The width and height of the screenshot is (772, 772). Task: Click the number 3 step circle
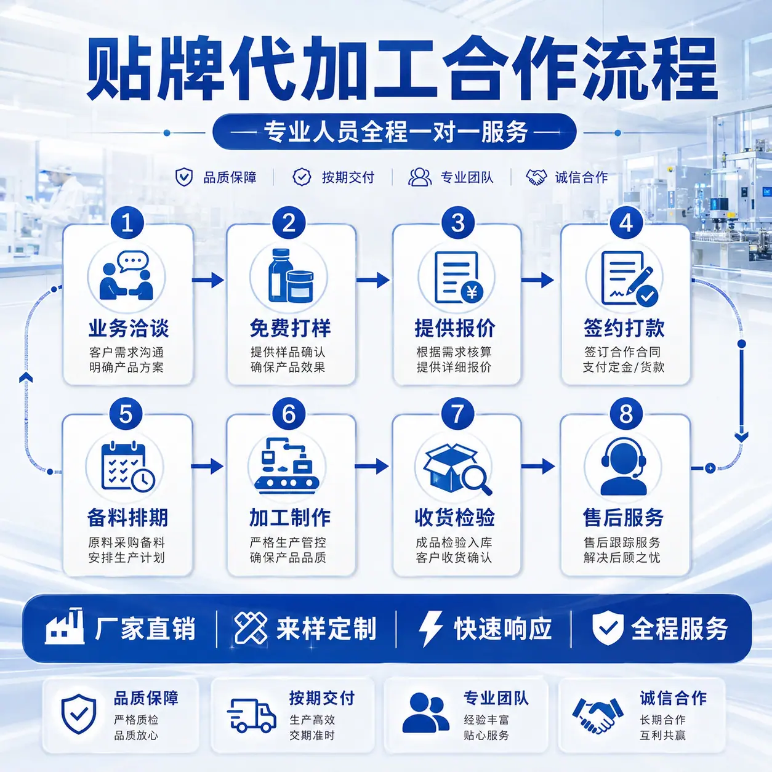pos(457,223)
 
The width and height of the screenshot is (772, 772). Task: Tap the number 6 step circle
pos(289,414)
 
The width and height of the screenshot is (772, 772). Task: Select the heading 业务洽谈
pos(129,328)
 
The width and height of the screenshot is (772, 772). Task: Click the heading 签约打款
pos(624,328)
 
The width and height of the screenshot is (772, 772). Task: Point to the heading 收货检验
pos(455,517)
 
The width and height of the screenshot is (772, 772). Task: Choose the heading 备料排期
pos(127,517)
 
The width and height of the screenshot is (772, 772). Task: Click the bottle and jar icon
pos(291,276)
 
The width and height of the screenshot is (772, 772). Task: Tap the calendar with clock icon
pos(128,467)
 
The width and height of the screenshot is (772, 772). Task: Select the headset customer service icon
pos(624,467)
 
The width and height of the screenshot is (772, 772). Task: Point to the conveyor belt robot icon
pos(287,465)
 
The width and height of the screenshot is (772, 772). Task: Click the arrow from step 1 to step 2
pos(208,279)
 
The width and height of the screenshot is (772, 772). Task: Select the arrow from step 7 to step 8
pos(538,466)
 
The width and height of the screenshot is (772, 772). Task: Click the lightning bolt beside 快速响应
pos(430,629)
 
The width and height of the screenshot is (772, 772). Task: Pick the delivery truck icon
pos(251,715)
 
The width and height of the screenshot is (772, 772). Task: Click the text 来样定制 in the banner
pos(326,628)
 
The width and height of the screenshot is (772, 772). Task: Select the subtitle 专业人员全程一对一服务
pos(395,132)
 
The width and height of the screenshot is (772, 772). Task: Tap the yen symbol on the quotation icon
pos(472,292)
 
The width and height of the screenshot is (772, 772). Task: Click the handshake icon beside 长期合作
pos(598,715)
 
